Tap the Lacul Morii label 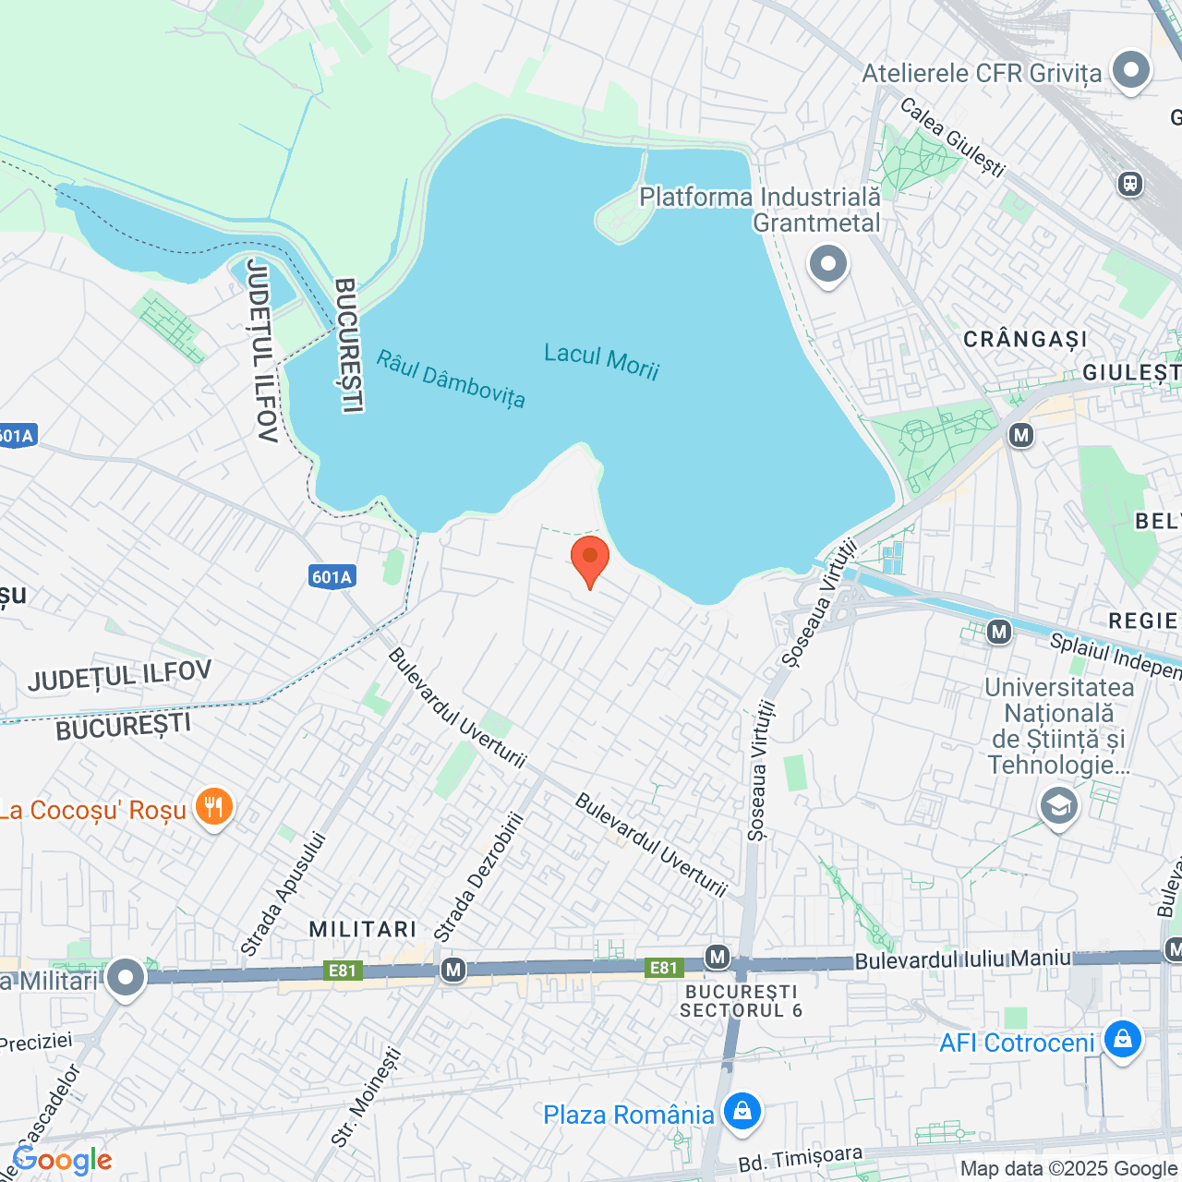click(x=601, y=361)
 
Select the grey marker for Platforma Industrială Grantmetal click(x=827, y=265)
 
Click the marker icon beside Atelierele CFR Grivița click(x=1130, y=71)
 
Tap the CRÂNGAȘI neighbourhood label click(x=1025, y=340)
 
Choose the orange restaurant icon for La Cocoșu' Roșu click(x=213, y=808)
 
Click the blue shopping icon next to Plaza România click(x=742, y=1113)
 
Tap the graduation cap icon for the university click(x=1058, y=805)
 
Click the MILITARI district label click(x=363, y=929)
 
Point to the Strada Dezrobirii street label click(x=478, y=877)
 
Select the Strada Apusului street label click(x=283, y=894)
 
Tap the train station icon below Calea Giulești click(x=1129, y=184)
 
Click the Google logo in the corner click(x=62, y=1160)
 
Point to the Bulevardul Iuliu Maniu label click(x=962, y=959)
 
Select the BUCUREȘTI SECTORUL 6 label click(x=741, y=1001)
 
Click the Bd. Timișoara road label click(x=800, y=1159)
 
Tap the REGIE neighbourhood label click(x=1143, y=621)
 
